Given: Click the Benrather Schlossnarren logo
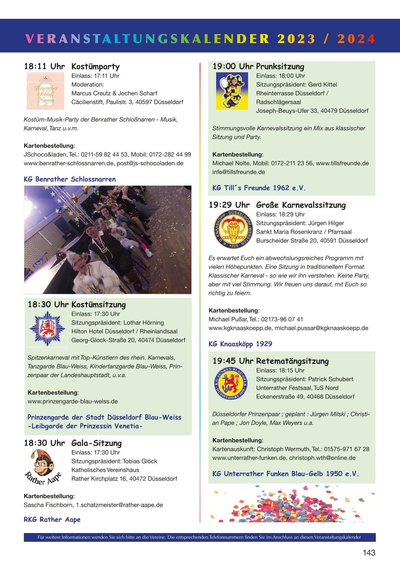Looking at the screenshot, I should point(45,91).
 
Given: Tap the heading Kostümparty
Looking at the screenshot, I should point(95,67).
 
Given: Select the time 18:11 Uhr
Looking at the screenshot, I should point(44,67).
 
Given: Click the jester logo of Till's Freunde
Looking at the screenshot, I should point(232,91).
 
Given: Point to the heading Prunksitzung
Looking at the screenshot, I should point(280,67).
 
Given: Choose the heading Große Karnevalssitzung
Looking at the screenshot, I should point(301,205).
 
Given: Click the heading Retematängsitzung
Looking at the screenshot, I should point(292,361).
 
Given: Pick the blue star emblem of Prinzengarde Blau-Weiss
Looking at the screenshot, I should point(47,328).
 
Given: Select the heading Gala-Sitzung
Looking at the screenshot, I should point(96,443).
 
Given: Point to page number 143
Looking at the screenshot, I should point(369,553).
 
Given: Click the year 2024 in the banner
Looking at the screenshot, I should point(356,39).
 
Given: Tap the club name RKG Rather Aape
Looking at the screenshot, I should point(52,520).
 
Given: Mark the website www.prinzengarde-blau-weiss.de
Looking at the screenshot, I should point(73,401).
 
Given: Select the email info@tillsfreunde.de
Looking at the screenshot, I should point(239,172).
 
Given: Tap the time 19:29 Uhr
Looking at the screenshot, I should point(229,205).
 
